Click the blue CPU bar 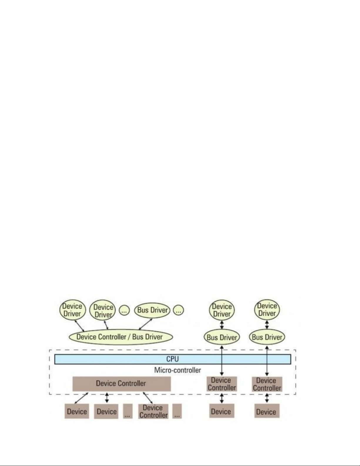173,359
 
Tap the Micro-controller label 178,370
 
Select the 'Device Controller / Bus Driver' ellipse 121,337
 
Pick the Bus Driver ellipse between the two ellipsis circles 152,310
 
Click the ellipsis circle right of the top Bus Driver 178,310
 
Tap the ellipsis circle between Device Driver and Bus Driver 124,310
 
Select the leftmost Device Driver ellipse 72,310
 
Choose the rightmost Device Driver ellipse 267,310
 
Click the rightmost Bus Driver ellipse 267,337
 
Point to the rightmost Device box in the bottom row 267,412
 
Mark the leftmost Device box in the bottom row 77,411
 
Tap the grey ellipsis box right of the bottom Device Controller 177,411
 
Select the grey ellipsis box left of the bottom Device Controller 128,411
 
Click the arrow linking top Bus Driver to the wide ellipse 145,324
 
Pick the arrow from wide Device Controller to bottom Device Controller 148,398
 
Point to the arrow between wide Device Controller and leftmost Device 81,398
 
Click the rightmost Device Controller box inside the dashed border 267,384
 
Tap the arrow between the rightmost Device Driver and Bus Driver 267,325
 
